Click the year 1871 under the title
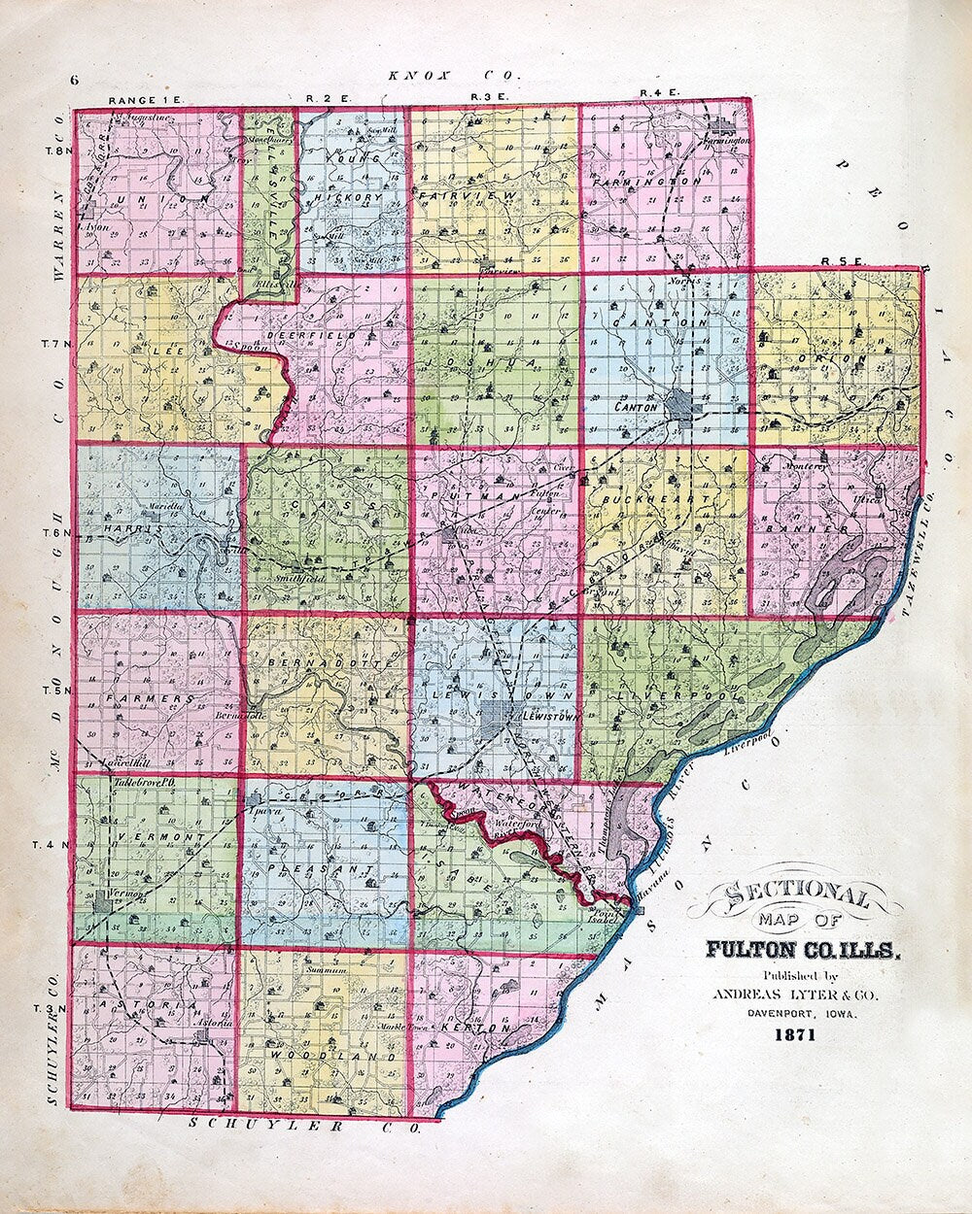[x=795, y=1035]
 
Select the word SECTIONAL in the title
[x=795, y=894]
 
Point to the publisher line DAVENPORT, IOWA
[x=795, y=1014]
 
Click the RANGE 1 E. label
[x=140, y=100]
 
